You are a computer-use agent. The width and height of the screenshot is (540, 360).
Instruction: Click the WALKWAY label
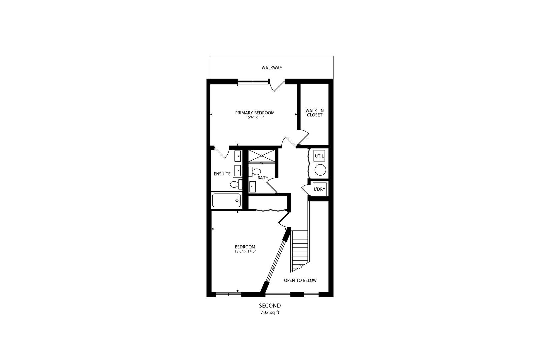click(272, 68)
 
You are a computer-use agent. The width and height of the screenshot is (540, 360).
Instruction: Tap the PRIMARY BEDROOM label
click(255, 113)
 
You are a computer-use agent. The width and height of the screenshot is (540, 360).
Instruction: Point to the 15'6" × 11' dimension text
click(255, 117)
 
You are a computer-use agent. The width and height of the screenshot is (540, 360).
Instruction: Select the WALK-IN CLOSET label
click(314, 113)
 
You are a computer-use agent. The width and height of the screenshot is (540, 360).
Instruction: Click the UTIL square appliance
click(319, 156)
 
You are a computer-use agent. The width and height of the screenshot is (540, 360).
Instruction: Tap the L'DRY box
click(319, 189)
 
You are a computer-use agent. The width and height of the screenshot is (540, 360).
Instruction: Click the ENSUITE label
click(222, 174)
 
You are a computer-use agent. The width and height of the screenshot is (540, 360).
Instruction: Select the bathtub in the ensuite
click(227, 200)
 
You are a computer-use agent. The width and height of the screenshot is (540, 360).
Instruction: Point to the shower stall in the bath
click(262, 156)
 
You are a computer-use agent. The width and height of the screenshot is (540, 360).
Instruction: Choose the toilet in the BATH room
click(255, 172)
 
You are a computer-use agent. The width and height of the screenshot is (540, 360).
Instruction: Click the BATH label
click(263, 178)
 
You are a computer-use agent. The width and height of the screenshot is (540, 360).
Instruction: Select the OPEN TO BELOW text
click(300, 280)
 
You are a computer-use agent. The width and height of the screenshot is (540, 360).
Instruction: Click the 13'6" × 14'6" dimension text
click(245, 252)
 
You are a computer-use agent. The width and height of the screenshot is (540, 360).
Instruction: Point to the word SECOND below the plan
click(270, 306)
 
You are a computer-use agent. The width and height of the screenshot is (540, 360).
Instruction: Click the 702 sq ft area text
click(270, 313)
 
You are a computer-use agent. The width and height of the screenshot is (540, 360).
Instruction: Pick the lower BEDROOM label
click(245, 247)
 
